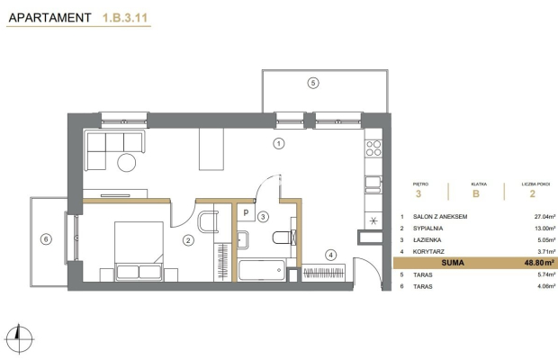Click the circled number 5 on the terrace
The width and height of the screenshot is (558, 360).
[x=313, y=83]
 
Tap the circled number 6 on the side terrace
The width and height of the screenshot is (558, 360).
[x=46, y=239]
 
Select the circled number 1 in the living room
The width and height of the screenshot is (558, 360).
[x=279, y=144]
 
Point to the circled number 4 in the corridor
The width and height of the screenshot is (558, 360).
[x=331, y=255]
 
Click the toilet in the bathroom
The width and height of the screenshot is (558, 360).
[x=283, y=238]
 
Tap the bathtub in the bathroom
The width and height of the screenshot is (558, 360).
[x=262, y=270]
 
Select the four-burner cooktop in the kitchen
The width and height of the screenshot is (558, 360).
[x=373, y=148]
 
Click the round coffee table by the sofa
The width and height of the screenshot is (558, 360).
[x=127, y=163]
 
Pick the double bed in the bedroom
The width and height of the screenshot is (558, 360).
[x=139, y=251]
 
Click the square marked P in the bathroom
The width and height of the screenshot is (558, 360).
[x=246, y=212]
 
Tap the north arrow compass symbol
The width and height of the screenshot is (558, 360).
[x=20, y=338]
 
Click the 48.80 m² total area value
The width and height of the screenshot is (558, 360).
[x=539, y=263]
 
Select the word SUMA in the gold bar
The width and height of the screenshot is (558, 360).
[x=453, y=263]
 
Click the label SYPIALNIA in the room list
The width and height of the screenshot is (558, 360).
[x=427, y=228]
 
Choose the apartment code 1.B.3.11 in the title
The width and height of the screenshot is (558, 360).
[x=125, y=18]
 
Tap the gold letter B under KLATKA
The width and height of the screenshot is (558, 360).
[x=476, y=193]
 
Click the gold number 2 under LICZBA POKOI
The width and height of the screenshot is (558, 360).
[x=533, y=193]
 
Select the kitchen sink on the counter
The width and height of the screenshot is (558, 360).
[x=373, y=183]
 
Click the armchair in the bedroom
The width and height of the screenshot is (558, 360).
[x=208, y=221]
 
